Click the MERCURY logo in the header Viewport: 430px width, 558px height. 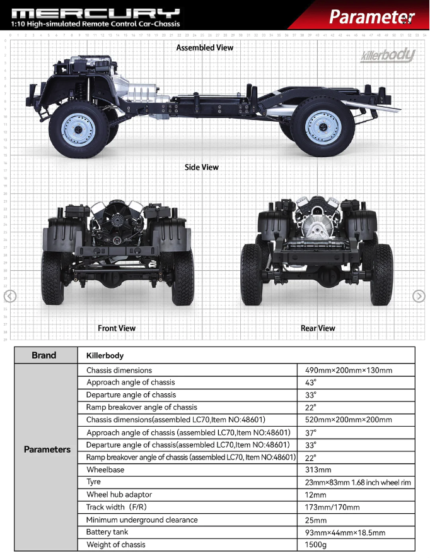pyautogui.click(x=96, y=13)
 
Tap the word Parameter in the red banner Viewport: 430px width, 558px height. pyautogui.click(x=372, y=16)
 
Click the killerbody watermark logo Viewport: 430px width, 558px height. pyautogui.click(x=388, y=56)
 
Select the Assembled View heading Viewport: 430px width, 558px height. pyautogui.click(x=205, y=48)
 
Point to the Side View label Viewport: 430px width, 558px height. pyautogui.click(x=202, y=167)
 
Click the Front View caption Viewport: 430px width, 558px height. pyautogui.click(x=117, y=328)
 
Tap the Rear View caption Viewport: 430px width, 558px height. pyautogui.click(x=318, y=328)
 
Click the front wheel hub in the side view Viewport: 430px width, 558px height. pyautogui.click(x=78, y=129)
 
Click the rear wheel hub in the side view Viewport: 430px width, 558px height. pyautogui.click(x=323, y=127)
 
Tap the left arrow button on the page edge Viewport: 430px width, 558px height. pyautogui.click(x=10, y=296)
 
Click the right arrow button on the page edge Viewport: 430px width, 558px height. pyautogui.click(x=419, y=296)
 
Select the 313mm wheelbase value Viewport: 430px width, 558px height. pyautogui.click(x=318, y=470)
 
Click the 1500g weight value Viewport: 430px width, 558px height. pyautogui.click(x=315, y=545)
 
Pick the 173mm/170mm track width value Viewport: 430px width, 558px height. pyautogui.click(x=332, y=507)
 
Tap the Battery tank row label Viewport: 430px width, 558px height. pyautogui.click(x=107, y=532)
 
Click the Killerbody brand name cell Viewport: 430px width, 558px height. pyautogui.click(x=105, y=355)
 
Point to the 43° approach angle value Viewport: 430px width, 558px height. pyautogui.click(x=310, y=383)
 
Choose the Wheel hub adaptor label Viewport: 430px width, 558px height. pyautogui.click(x=119, y=495)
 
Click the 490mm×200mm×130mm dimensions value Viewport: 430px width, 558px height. pyautogui.click(x=349, y=370)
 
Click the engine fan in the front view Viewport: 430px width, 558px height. pyautogui.click(x=116, y=219)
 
